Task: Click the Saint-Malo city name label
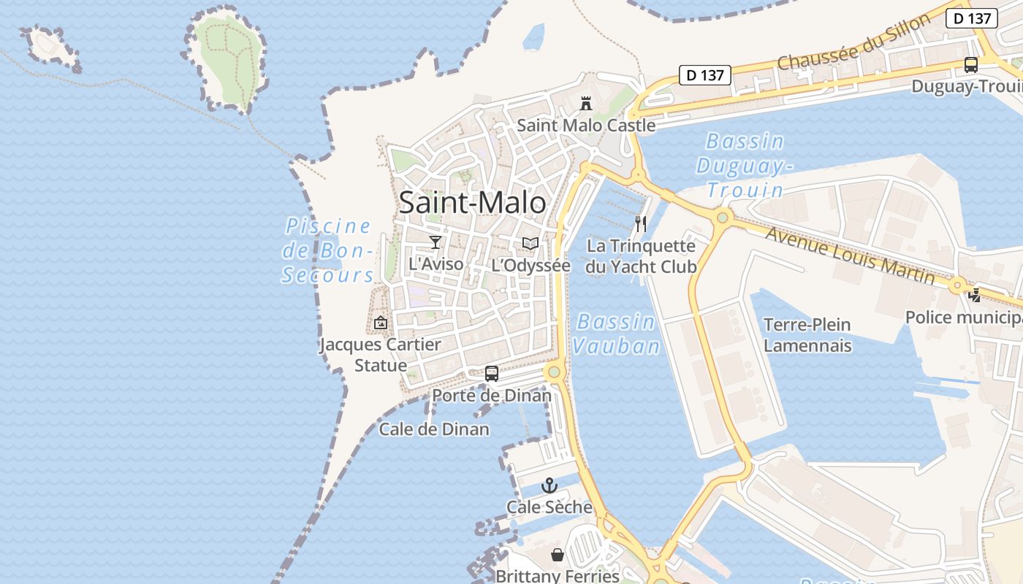pyautogui.click(x=472, y=203)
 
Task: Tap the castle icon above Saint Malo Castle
pyautogui.click(x=586, y=104)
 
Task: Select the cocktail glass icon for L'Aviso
pyautogui.click(x=436, y=242)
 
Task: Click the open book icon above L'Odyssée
pyautogui.click(x=530, y=244)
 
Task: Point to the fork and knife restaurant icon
pyautogui.click(x=641, y=223)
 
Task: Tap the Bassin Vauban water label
pyautogui.click(x=616, y=334)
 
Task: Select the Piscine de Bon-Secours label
pyautogui.click(x=328, y=250)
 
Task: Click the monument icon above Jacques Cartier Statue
pyautogui.click(x=381, y=322)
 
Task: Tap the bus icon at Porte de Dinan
pyautogui.click(x=492, y=374)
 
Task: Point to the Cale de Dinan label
pyautogui.click(x=434, y=429)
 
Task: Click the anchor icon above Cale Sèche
pyautogui.click(x=549, y=485)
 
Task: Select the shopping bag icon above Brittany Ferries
pyautogui.click(x=558, y=555)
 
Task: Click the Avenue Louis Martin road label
pyautogui.click(x=850, y=255)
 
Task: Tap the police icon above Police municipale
pyautogui.click(x=975, y=296)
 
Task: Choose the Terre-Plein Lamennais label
pyautogui.click(x=807, y=334)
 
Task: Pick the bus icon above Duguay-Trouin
pyautogui.click(x=970, y=65)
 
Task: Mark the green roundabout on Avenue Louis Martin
pyautogui.click(x=723, y=217)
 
